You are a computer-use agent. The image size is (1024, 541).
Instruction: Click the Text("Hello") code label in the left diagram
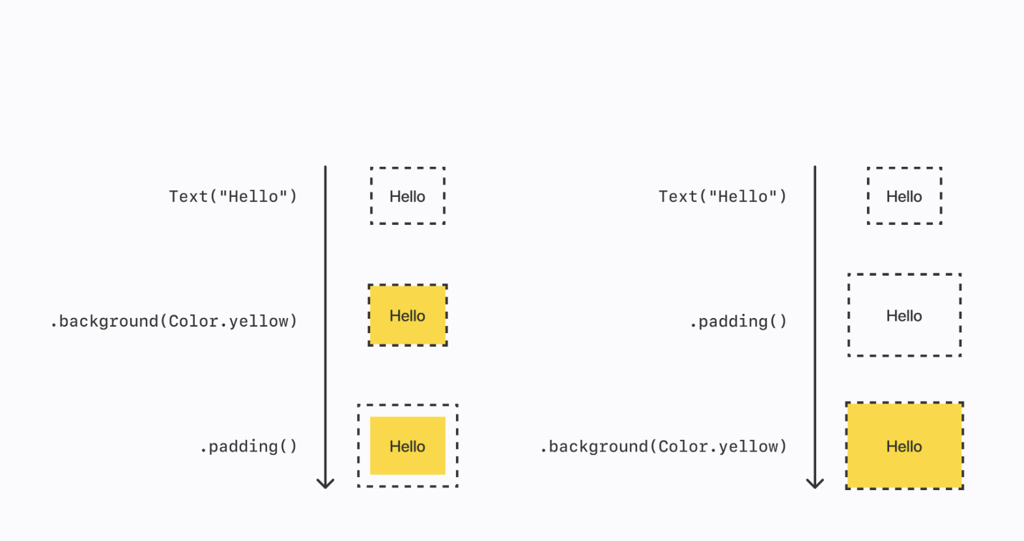click(233, 196)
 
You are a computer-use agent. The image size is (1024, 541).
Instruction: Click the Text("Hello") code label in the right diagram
click(722, 196)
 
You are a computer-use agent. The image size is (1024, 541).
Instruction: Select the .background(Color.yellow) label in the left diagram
click(173, 321)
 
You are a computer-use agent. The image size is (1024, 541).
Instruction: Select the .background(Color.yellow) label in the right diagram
click(663, 446)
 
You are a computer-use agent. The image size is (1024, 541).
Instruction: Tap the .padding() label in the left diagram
click(248, 446)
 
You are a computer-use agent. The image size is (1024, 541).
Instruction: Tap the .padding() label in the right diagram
click(738, 321)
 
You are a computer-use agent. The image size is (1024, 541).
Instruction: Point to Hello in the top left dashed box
click(407, 196)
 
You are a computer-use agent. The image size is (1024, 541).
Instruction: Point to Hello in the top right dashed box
click(903, 196)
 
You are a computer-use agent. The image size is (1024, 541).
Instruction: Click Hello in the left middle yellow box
click(407, 316)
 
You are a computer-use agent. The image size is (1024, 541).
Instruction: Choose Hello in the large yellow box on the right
click(903, 446)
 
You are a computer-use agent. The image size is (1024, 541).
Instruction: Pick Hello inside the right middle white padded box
click(903, 316)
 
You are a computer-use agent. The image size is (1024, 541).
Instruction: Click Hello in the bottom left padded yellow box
click(407, 446)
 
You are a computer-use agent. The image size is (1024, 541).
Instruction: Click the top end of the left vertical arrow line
click(325, 168)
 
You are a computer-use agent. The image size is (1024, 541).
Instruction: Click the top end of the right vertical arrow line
click(815, 168)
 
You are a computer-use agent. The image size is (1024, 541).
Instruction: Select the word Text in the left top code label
click(188, 196)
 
